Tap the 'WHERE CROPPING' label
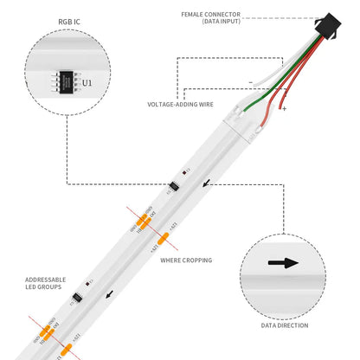pos(186,259)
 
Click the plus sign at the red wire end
pos(284,110)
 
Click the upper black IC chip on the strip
pos(175,186)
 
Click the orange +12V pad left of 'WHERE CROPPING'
pos(163,239)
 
